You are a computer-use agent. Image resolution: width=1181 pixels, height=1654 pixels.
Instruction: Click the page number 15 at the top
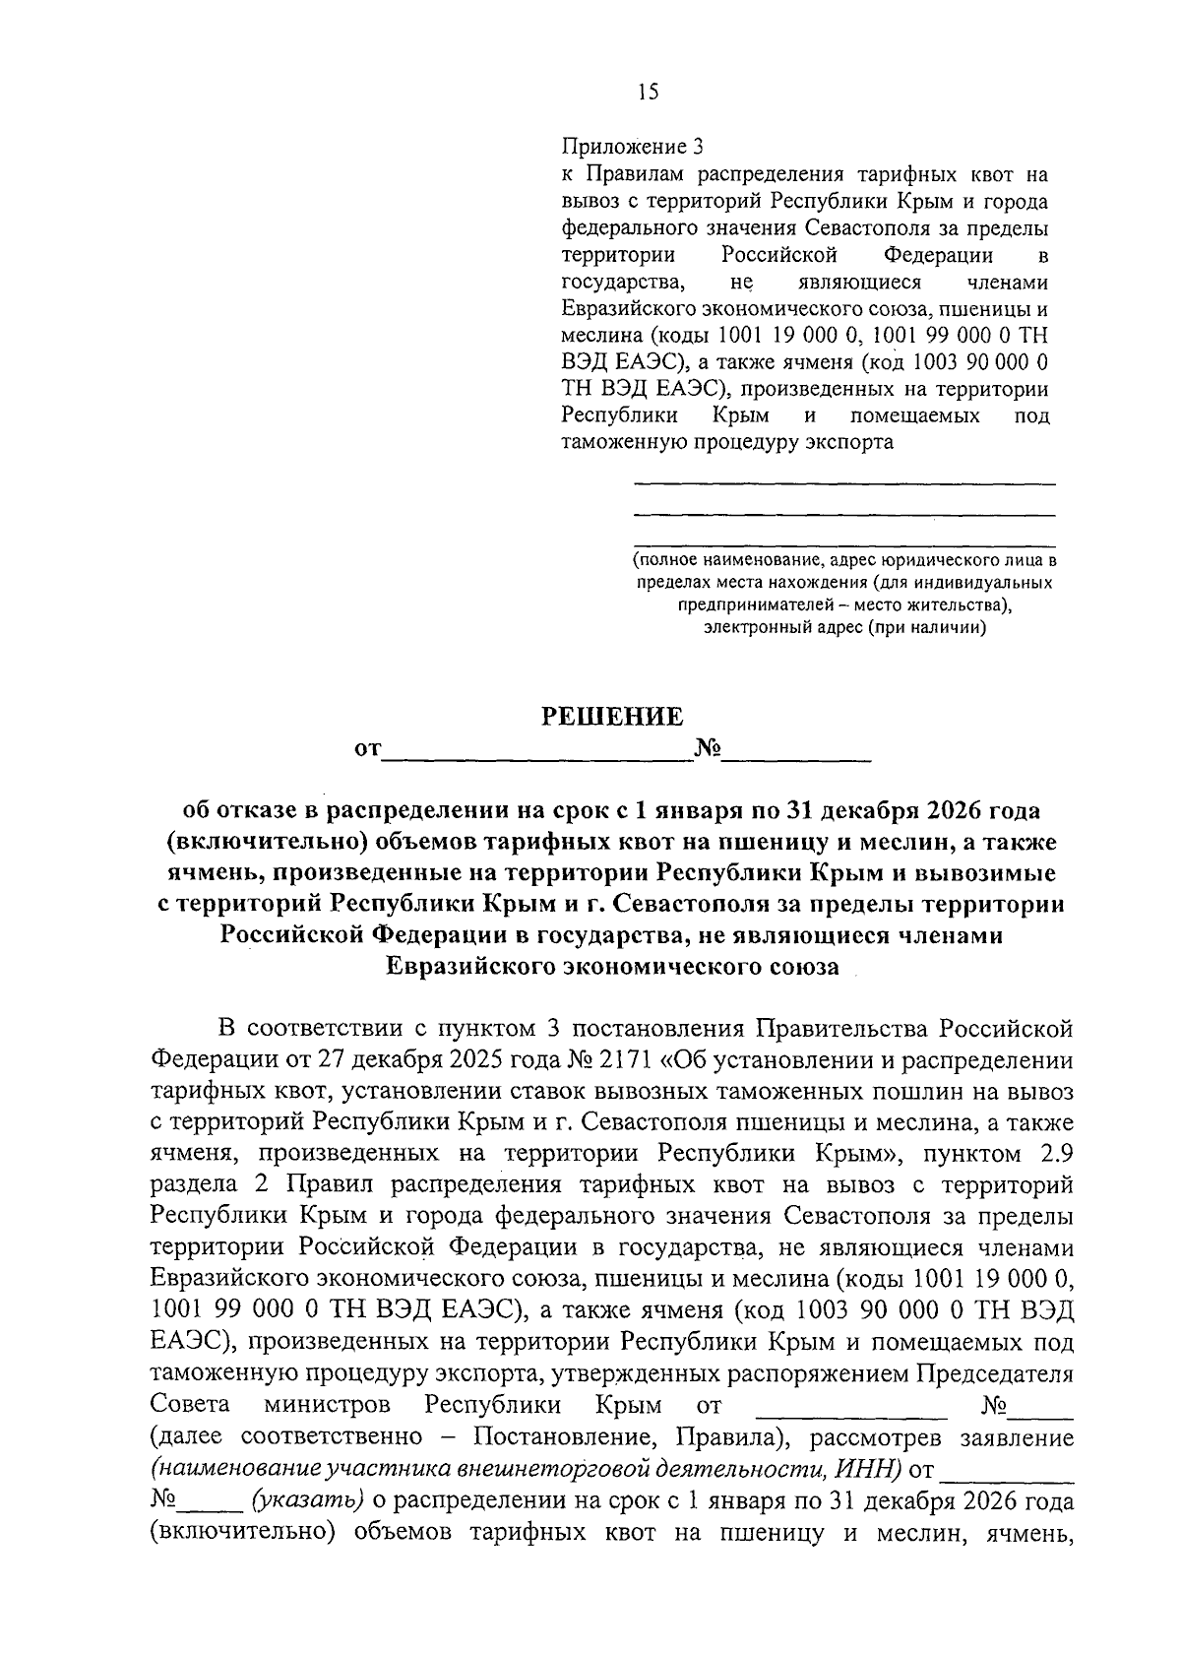click(647, 93)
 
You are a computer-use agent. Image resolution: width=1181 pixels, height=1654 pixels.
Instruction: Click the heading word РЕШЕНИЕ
click(613, 717)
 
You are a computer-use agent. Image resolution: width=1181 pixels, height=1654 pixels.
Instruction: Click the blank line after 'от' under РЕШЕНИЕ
click(536, 757)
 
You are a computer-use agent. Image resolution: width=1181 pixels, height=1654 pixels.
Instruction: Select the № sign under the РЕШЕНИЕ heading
click(708, 750)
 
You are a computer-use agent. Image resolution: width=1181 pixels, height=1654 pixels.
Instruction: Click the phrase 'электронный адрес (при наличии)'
click(845, 627)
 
